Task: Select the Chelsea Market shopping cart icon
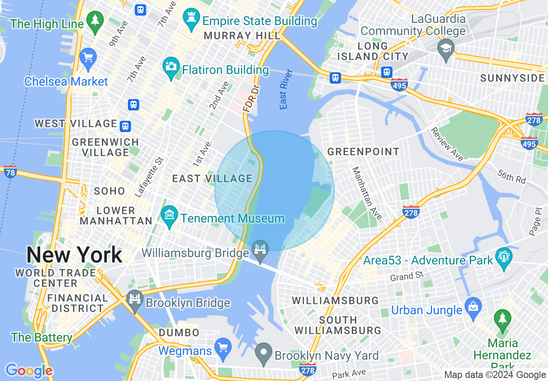[x=88, y=58]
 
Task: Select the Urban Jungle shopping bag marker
[x=473, y=307]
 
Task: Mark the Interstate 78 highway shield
[x=10, y=172]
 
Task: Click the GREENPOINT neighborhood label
[x=363, y=152]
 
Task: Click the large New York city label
[x=74, y=255]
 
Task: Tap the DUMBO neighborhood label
[x=179, y=333]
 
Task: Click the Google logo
[x=29, y=371]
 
